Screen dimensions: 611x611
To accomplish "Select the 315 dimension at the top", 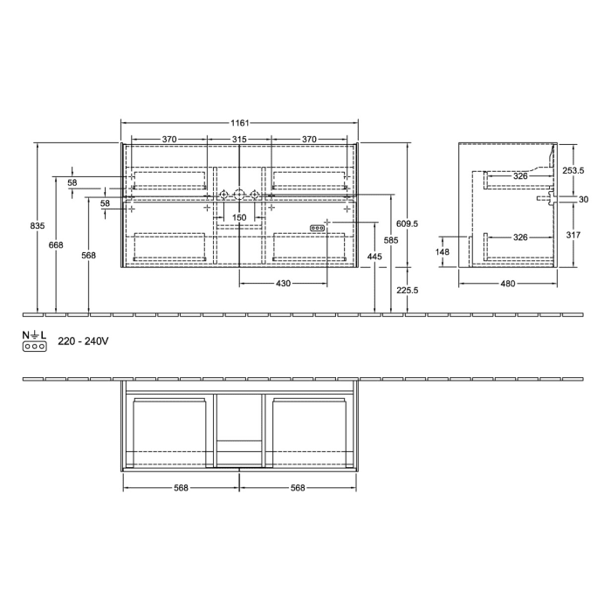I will [238, 140].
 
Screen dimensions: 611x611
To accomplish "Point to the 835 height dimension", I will [37, 226].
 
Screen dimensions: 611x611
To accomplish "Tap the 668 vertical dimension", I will [56, 245].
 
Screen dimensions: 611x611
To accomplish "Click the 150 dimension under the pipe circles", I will [238, 216].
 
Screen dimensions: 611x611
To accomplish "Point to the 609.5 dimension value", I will [408, 223].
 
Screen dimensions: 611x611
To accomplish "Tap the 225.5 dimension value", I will [408, 291].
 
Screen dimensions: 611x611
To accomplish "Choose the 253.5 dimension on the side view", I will [572, 171].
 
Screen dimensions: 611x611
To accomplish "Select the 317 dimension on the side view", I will [572, 235].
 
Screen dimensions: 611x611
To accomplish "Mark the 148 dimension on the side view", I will [443, 253].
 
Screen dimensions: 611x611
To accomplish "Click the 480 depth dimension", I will [508, 283].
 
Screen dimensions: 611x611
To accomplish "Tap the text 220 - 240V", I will [84, 342].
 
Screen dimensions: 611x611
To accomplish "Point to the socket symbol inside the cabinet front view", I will [318, 228].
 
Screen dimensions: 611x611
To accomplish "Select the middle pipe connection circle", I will [238, 195].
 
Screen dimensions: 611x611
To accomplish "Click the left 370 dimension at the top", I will [169, 140].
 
